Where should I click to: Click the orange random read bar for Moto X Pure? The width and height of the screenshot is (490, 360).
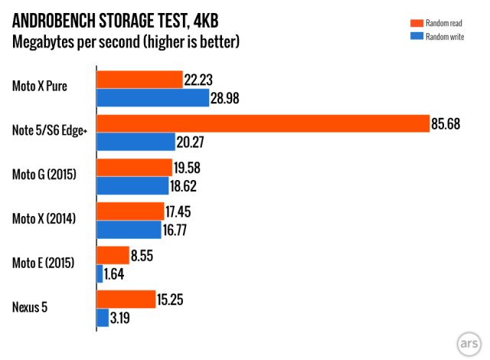pos(139,80)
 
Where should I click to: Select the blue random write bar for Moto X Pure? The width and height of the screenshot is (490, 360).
pos(152,97)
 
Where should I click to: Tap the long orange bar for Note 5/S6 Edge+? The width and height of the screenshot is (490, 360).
pos(262,123)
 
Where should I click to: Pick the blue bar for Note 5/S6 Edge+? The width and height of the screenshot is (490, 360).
pos(136,142)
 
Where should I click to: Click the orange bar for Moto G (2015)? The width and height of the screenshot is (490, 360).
pos(134,168)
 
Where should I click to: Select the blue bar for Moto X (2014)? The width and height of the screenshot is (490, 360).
pos(128,229)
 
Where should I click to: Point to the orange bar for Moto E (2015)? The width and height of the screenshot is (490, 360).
pos(113,255)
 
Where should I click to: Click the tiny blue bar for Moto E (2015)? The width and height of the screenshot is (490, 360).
pos(100,273)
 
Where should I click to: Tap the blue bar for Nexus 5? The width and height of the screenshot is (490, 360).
pos(103,317)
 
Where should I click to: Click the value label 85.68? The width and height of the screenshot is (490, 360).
pos(446,124)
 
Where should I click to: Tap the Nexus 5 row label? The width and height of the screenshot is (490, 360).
pos(31,308)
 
